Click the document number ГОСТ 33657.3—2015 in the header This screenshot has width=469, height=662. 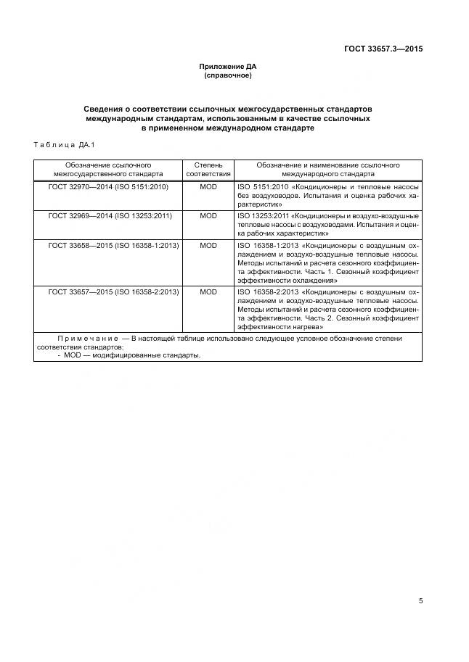[x=383, y=49]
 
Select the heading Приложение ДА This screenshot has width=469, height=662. [x=228, y=67]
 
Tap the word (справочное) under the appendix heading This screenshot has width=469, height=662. [x=228, y=75]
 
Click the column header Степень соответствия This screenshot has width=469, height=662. [x=208, y=170]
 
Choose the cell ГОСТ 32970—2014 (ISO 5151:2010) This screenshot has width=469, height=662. [x=108, y=186]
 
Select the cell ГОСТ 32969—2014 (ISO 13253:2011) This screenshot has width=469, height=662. [x=110, y=216]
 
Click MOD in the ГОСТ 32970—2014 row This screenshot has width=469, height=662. [x=208, y=186]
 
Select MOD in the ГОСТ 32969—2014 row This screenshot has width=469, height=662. [x=208, y=216]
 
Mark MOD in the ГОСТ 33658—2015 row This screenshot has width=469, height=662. [x=208, y=246]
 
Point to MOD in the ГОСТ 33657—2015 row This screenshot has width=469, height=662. [x=208, y=291]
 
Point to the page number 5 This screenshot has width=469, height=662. [x=420, y=600]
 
